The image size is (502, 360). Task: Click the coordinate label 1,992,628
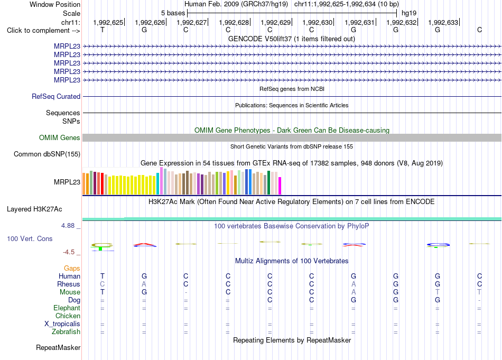point(234,22)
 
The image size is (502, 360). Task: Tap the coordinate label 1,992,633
point(443,22)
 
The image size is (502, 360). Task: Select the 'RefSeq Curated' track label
point(56,96)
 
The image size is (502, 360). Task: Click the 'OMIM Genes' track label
point(60,138)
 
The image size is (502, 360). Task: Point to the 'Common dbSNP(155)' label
point(47,154)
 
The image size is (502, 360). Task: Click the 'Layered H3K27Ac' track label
point(34,209)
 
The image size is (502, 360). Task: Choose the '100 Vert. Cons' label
point(30,238)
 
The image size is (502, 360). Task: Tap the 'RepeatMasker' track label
point(58,347)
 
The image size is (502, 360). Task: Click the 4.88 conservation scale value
point(68,226)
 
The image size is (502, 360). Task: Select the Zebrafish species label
point(66,331)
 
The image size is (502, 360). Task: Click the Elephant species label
point(67,308)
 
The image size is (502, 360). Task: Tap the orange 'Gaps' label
point(72,268)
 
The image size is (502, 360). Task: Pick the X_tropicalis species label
point(62,324)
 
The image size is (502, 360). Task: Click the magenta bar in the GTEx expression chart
point(280,186)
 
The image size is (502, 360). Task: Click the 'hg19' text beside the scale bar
point(409,13)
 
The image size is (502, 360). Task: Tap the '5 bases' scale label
point(173,13)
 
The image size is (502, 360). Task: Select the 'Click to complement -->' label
point(43,31)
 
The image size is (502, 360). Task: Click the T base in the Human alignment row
point(103,276)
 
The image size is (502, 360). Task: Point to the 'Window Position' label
point(55,4)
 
